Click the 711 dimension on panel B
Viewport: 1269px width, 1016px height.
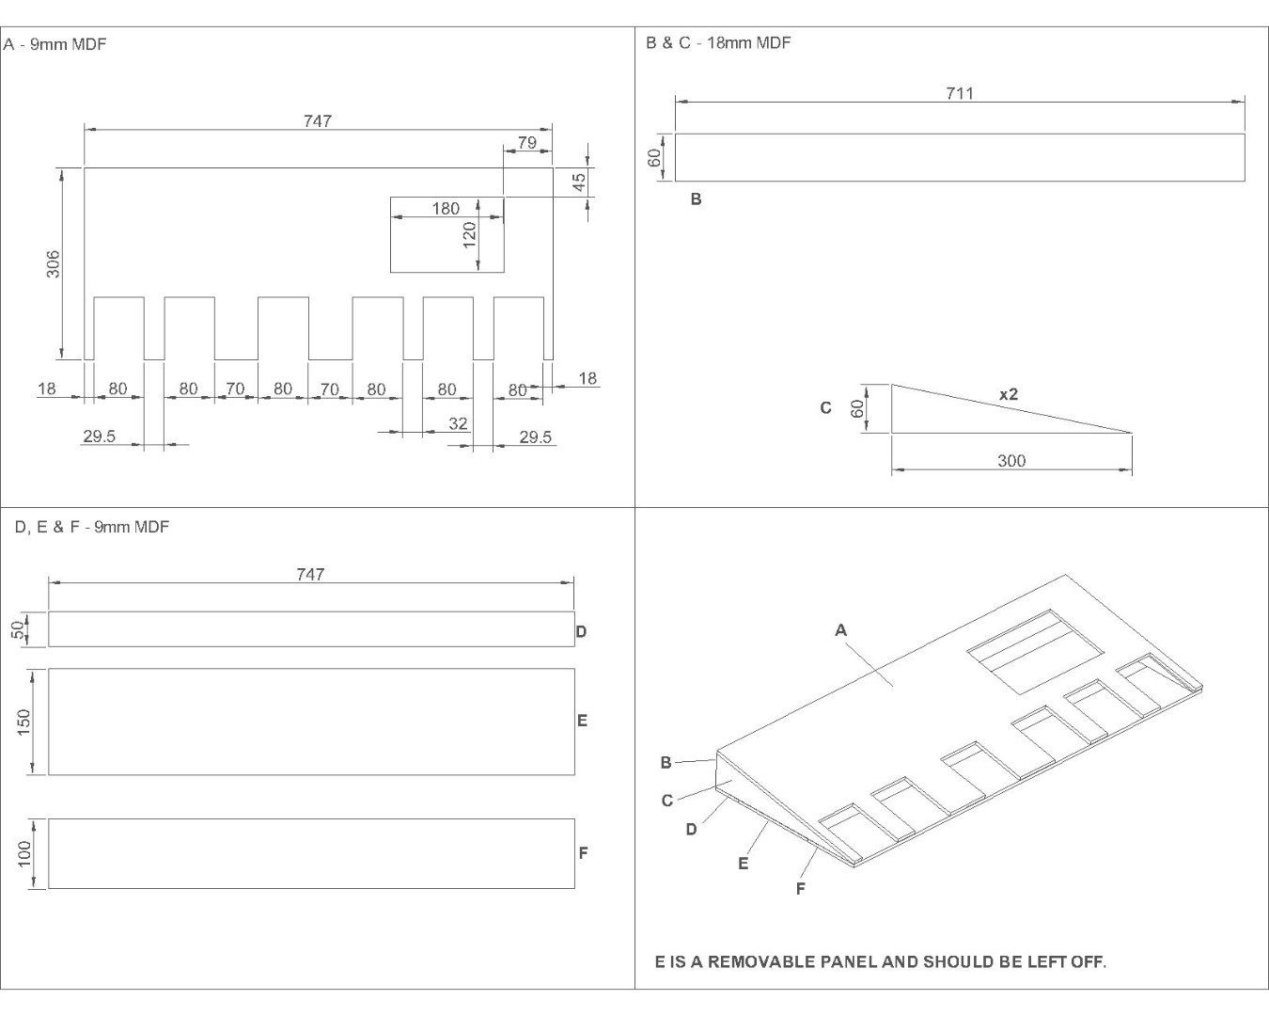pyautogui.click(x=960, y=93)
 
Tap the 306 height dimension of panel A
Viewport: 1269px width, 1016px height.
pyautogui.click(x=53, y=264)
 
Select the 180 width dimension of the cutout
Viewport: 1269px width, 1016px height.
pyautogui.click(x=446, y=209)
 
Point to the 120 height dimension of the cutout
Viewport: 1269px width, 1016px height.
pyautogui.click(x=469, y=235)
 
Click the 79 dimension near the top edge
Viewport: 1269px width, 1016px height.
pyautogui.click(x=527, y=142)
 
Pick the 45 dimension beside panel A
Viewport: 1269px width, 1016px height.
pyautogui.click(x=579, y=182)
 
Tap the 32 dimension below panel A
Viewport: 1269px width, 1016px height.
pyautogui.click(x=458, y=423)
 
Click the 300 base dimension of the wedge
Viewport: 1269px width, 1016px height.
pyautogui.click(x=1011, y=460)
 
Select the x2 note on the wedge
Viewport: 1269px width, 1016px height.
pyautogui.click(x=1009, y=394)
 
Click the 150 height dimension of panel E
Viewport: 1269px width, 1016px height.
pyautogui.click(x=23, y=722)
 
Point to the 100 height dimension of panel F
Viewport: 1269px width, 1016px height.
pyautogui.click(x=24, y=853)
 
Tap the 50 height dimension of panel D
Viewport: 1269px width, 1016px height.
pyautogui.click(x=18, y=630)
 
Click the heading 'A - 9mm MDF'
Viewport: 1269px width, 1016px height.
pyautogui.click(x=55, y=44)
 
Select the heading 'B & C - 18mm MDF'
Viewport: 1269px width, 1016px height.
pyautogui.click(x=718, y=42)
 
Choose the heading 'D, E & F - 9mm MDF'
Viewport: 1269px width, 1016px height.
pyautogui.click(x=92, y=527)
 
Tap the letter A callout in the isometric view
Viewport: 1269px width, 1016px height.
pyautogui.click(x=841, y=630)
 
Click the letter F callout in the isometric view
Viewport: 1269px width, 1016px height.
pyautogui.click(x=800, y=888)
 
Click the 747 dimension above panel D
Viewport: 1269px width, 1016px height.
pyautogui.click(x=310, y=575)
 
